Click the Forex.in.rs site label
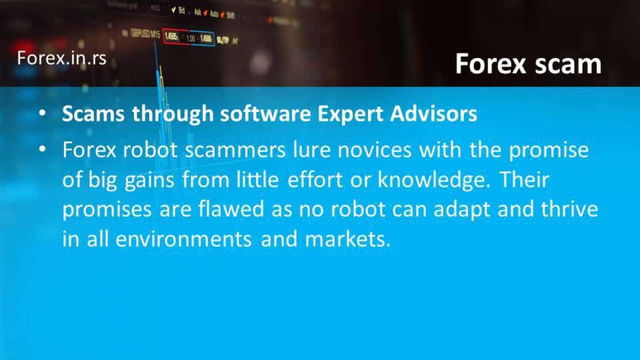coord(61,58)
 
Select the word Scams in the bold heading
coord(93,113)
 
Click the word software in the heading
coord(266,113)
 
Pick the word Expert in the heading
coord(351,114)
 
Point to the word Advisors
coord(433,113)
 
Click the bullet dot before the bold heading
coord(43,113)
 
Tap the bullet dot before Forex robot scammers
coord(43,150)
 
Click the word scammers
coord(235,150)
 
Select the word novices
coord(374,150)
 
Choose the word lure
coord(311,150)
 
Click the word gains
coord(149,181)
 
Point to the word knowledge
coord(433,180)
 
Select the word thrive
coord(569,209)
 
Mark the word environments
coord(184,239)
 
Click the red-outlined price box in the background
coord(175,37)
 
